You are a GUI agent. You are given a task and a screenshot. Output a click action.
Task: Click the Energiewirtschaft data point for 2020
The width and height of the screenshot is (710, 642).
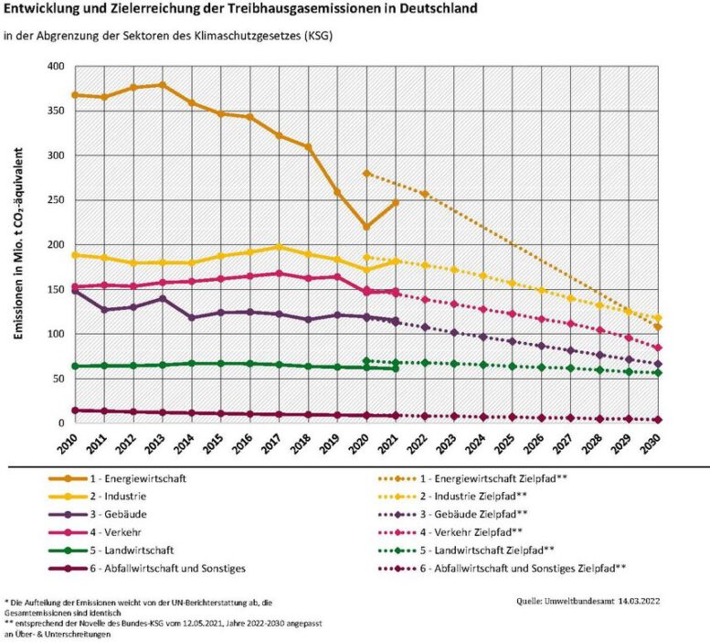tap(366, 227)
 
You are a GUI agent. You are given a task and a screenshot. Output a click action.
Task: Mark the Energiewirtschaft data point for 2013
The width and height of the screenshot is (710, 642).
tap(162, 85)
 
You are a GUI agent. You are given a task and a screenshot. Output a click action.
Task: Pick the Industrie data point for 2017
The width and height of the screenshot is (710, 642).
tap(279, 247)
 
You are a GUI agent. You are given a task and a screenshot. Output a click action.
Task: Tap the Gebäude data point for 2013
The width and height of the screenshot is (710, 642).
tap(162, 298)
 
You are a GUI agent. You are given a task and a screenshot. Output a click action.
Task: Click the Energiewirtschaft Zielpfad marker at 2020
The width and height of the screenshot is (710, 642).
tap(366, 173)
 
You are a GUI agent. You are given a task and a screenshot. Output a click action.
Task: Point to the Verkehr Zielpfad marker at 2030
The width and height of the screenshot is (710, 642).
tap(659, 348)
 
